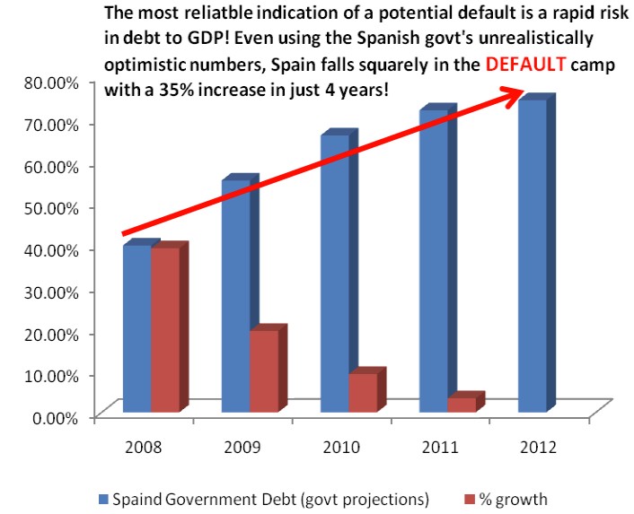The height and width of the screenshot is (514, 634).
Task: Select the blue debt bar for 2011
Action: [x=434, y=261]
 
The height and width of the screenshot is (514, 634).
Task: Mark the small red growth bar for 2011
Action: [x=461, y=405]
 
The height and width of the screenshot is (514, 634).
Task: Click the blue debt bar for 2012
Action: [x=533, y=256]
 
